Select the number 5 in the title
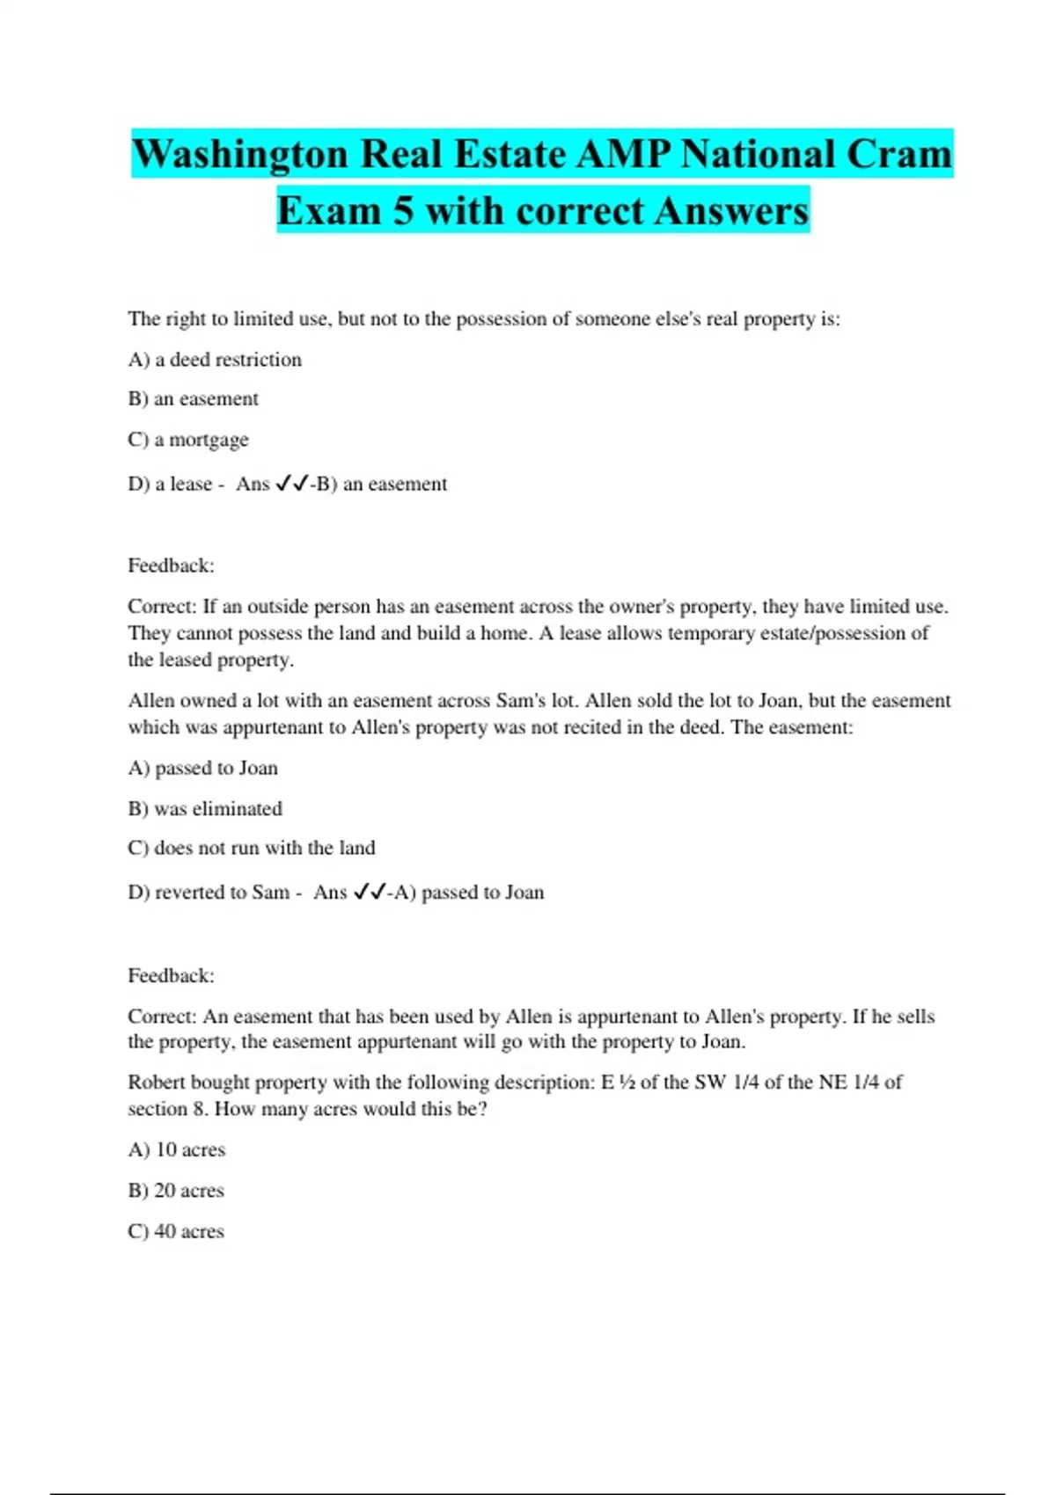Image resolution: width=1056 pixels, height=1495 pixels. tap(403, 211)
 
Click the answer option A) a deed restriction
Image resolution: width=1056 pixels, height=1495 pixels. tap(215, 360)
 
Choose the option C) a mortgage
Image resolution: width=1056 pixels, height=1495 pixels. tap(188, 440)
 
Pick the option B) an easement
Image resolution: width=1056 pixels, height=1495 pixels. tap(194, 399)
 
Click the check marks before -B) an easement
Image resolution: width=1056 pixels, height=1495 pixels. tap(292, 484)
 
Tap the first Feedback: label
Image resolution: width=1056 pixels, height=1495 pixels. tap(171, 565)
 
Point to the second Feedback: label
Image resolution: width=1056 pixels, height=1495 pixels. tap(171, 975)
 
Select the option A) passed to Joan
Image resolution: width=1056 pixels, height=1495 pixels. tap(202, 769)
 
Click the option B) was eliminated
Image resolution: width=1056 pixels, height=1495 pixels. tap(205, 809)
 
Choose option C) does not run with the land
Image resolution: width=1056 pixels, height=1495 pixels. tap(252, 849)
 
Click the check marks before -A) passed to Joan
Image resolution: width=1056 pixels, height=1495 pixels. tap(370, 893)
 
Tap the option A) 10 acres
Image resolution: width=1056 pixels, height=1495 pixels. tap(177, 1150)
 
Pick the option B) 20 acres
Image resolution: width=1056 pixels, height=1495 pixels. tap(176, 1191)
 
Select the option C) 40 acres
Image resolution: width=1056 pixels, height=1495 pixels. tap(176, 1231)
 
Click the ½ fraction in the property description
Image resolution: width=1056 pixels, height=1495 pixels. tap(627, 1083)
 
